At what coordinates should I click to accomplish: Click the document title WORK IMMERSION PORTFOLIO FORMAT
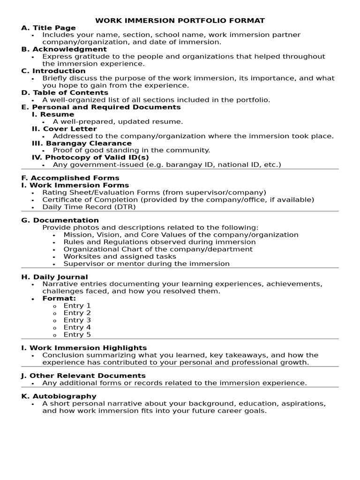[x=180, y=21]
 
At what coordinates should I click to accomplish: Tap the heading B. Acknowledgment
[x=64, y=49]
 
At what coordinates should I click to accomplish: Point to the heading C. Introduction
[x=53, y=71]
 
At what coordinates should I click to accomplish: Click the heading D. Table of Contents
[x=65, y=93]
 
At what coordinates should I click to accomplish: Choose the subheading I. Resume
[x=53, y=114]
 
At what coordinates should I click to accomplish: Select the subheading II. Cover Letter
[x=64, y=129]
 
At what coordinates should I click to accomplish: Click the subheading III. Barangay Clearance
[x=82, y=143]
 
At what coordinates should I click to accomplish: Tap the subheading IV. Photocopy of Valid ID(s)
[x=87, y=157]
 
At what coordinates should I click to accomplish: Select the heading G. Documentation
[x=60, y=220]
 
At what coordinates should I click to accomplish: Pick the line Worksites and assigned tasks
[x=120, y=256]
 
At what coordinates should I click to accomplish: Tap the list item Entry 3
[x=77, y=320]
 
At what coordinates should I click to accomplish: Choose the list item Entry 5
[x=77, y=335]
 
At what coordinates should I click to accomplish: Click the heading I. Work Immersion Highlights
[x=84, y=348]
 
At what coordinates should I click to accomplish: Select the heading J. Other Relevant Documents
[x=83, y=376]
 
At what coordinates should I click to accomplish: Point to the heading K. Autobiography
[x=59, y=397]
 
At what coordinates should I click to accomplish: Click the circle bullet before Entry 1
[x=54, y=306]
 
